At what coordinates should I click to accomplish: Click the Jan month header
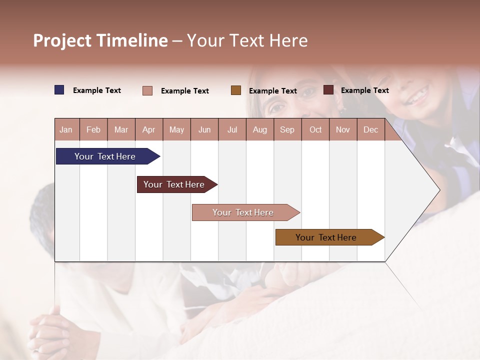(x=66, y=130)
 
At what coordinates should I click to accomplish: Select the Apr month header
(x=149, y=130)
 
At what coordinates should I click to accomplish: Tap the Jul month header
(x=232, y=130)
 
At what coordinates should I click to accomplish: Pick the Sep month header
(x=287, y=130)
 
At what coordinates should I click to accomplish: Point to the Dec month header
(x=370, y=130)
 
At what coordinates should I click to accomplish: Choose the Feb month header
(x=93, y=130)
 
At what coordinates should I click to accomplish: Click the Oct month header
(x=315, y=130)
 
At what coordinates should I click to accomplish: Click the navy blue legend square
(x=59, y=90)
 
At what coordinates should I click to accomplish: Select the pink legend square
(x=147, y=90)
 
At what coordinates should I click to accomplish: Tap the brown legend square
(x=236, y=90)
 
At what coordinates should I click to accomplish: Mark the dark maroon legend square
(x=328, y=90)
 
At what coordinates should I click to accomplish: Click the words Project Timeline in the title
(x=100, y=40)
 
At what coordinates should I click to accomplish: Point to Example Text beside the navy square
(x=97, y=90)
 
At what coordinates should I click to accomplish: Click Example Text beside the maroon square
(x=365, y=90)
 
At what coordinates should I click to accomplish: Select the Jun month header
(x=204, y=130)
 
